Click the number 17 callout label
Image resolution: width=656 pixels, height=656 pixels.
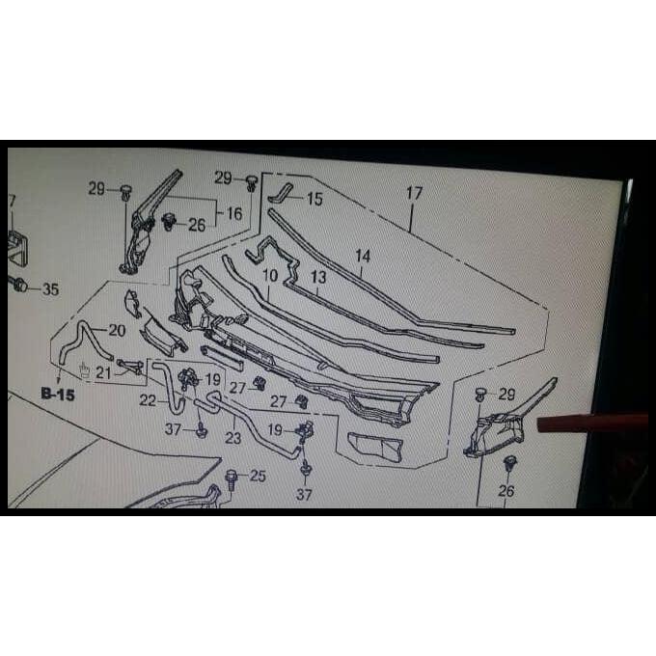point(414,193)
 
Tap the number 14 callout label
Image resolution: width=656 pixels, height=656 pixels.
point(363,257)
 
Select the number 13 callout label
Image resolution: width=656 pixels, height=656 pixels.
point(318,277)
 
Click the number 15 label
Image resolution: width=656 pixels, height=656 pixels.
point(314,200)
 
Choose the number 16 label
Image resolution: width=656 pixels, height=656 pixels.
point(233,213)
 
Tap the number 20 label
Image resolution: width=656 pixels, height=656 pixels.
point(117,330)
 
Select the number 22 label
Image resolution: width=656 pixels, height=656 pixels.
point(148,400)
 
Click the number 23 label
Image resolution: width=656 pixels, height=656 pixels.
point(232,437)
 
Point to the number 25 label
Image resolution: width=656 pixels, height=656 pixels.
point(258,476)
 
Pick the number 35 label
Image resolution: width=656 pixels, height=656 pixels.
point(50,288)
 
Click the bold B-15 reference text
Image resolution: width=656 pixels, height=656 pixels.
point(57,394)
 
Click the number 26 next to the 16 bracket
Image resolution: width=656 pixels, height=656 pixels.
point(197,226)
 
